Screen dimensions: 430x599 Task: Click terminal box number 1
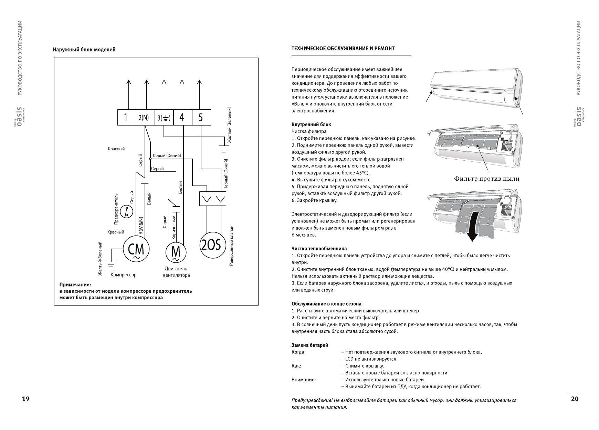point(127,118)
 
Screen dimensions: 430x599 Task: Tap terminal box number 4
point(182,118)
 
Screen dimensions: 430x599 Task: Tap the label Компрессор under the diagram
point(124,275)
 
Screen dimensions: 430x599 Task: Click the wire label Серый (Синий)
point(167,156)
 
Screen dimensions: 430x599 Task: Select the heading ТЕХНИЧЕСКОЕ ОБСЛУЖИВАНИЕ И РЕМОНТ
point(343,49)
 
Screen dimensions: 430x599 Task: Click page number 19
point(25,399)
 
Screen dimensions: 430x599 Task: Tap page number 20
point(575,399)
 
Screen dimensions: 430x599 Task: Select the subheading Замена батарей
point(310,345)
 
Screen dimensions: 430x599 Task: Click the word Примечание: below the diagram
point(75,285)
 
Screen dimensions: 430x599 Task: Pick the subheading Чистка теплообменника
point(319,249)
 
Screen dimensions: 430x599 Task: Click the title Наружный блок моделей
point(84,50)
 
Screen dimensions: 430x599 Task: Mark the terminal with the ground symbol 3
point(164,118)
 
